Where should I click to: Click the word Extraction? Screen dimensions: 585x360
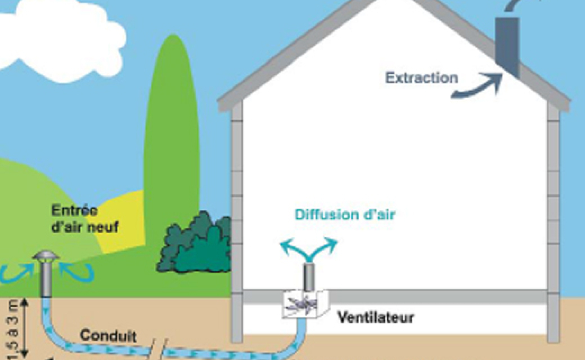[422, 78]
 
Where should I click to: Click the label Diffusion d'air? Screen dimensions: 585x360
[345, 215]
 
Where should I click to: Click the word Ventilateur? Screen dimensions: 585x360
[376, 317]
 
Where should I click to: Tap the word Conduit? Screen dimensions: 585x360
[108, 336]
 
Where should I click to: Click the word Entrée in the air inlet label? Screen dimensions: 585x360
[74, 211]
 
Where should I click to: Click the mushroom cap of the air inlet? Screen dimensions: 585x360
[46, 255]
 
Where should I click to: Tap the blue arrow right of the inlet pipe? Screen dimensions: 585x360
[77, 272]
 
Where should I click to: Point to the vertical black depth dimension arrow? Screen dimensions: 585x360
[25, 328]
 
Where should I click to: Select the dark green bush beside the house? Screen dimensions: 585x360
[194, 244]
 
